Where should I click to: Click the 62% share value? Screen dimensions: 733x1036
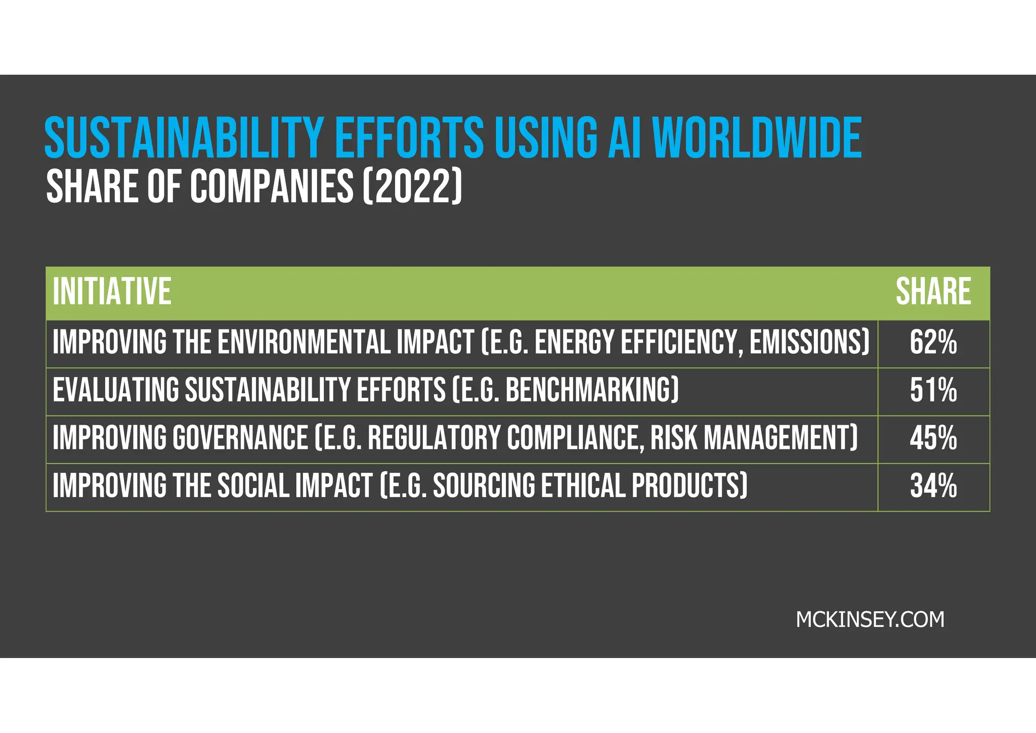[x=933, y=343]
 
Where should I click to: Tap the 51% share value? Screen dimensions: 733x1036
[x=933, y=391]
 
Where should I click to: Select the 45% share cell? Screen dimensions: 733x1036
[x=933, y=438]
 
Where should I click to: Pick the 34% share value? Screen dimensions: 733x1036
[x=933, y=486]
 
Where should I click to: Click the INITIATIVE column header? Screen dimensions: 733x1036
[x=112, y=292]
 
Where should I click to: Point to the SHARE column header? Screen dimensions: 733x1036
[x=933, y=292]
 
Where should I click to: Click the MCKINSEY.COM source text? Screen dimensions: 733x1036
[x=870, y=620]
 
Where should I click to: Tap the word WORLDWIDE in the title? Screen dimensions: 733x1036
[x=757, y=138]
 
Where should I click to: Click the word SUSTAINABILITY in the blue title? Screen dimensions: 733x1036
[x=184, y=138]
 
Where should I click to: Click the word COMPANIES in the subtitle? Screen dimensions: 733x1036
[x=272, y=186]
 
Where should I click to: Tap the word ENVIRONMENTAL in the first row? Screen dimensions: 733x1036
[x=304, y=342]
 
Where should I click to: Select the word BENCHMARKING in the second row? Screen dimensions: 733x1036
[x=592, y=390]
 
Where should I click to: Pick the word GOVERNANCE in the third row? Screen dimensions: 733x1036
[x=240, y=438]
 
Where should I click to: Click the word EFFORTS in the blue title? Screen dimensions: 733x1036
[x=409, y=138]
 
